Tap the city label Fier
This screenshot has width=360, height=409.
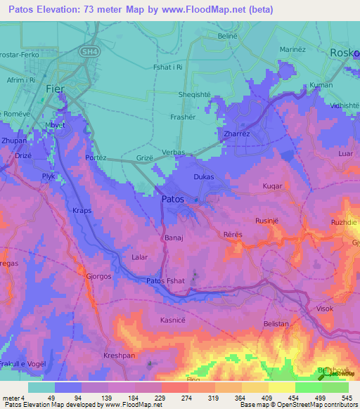click(x=56, y=89)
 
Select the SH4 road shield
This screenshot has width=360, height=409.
click(x=89, y=51)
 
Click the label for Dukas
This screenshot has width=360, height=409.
click(x=203, y=177)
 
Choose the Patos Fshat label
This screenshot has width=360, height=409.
click(x=166, y=282)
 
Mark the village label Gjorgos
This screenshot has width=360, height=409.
click(x=98, y=276)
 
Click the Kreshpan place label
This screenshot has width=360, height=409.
click(x=118, y=356)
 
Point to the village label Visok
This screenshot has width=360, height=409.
click(x=325, y=309)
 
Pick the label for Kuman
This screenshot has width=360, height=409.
click(x=321, y=85)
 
